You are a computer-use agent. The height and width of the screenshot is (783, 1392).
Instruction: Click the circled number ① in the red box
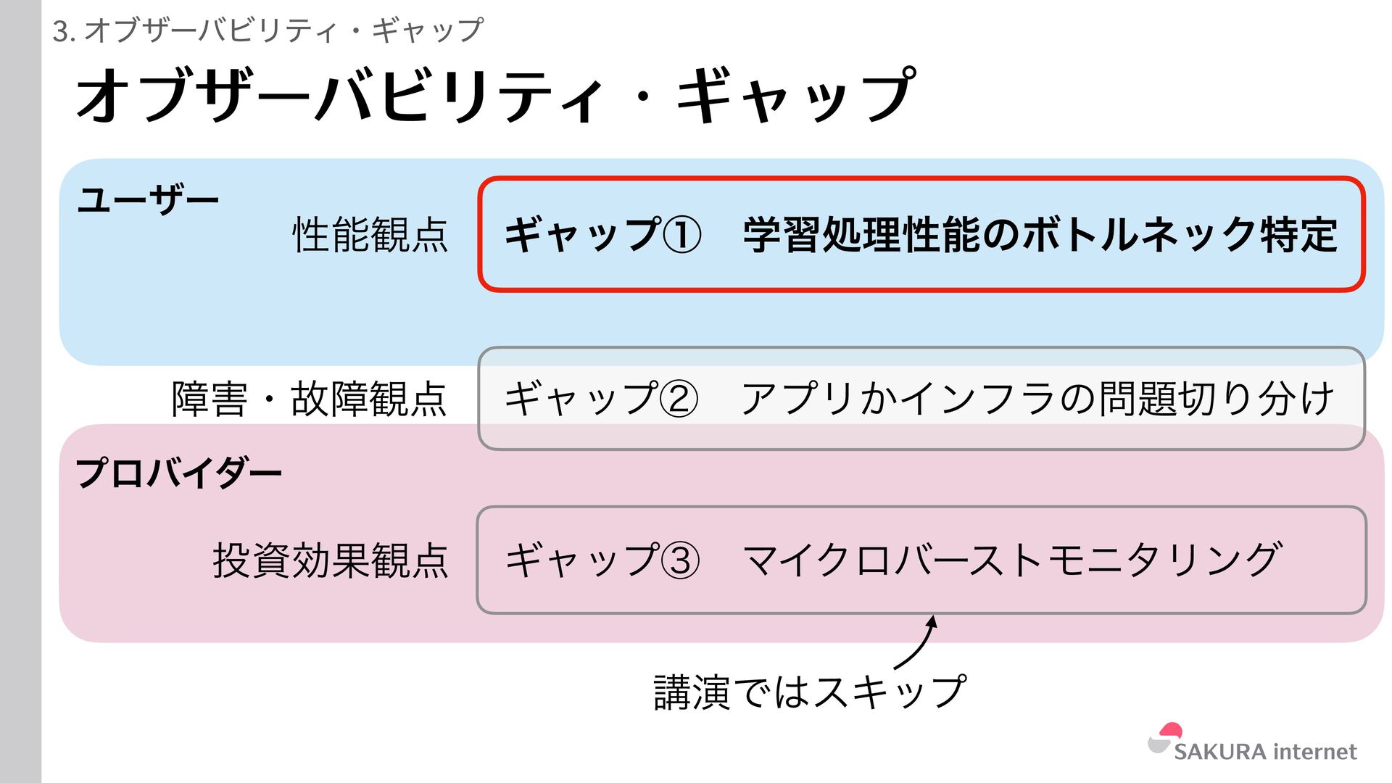682,235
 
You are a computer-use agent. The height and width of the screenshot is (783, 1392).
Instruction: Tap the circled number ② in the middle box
679,398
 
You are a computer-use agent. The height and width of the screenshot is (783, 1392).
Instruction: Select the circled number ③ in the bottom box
681,560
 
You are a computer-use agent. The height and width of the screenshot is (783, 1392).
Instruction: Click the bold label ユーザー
148,199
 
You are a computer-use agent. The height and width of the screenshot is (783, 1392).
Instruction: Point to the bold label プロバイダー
178,473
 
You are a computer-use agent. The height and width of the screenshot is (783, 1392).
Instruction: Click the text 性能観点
370,235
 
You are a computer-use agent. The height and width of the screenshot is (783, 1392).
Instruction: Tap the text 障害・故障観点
309,399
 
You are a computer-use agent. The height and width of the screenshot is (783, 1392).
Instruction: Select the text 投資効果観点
331,560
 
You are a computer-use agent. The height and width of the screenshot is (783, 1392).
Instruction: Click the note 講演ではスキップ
810,691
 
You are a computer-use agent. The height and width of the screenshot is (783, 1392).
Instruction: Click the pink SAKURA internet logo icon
1166,737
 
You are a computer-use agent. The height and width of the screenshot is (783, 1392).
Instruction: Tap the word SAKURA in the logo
1219,752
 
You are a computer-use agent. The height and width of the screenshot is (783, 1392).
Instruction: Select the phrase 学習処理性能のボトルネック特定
1040,235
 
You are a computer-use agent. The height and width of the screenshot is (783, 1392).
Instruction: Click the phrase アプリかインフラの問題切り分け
1037,398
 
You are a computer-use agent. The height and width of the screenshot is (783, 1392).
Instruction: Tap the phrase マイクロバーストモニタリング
1012,560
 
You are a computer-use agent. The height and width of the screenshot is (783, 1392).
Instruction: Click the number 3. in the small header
64,31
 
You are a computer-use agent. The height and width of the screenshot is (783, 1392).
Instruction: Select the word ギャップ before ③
581,560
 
